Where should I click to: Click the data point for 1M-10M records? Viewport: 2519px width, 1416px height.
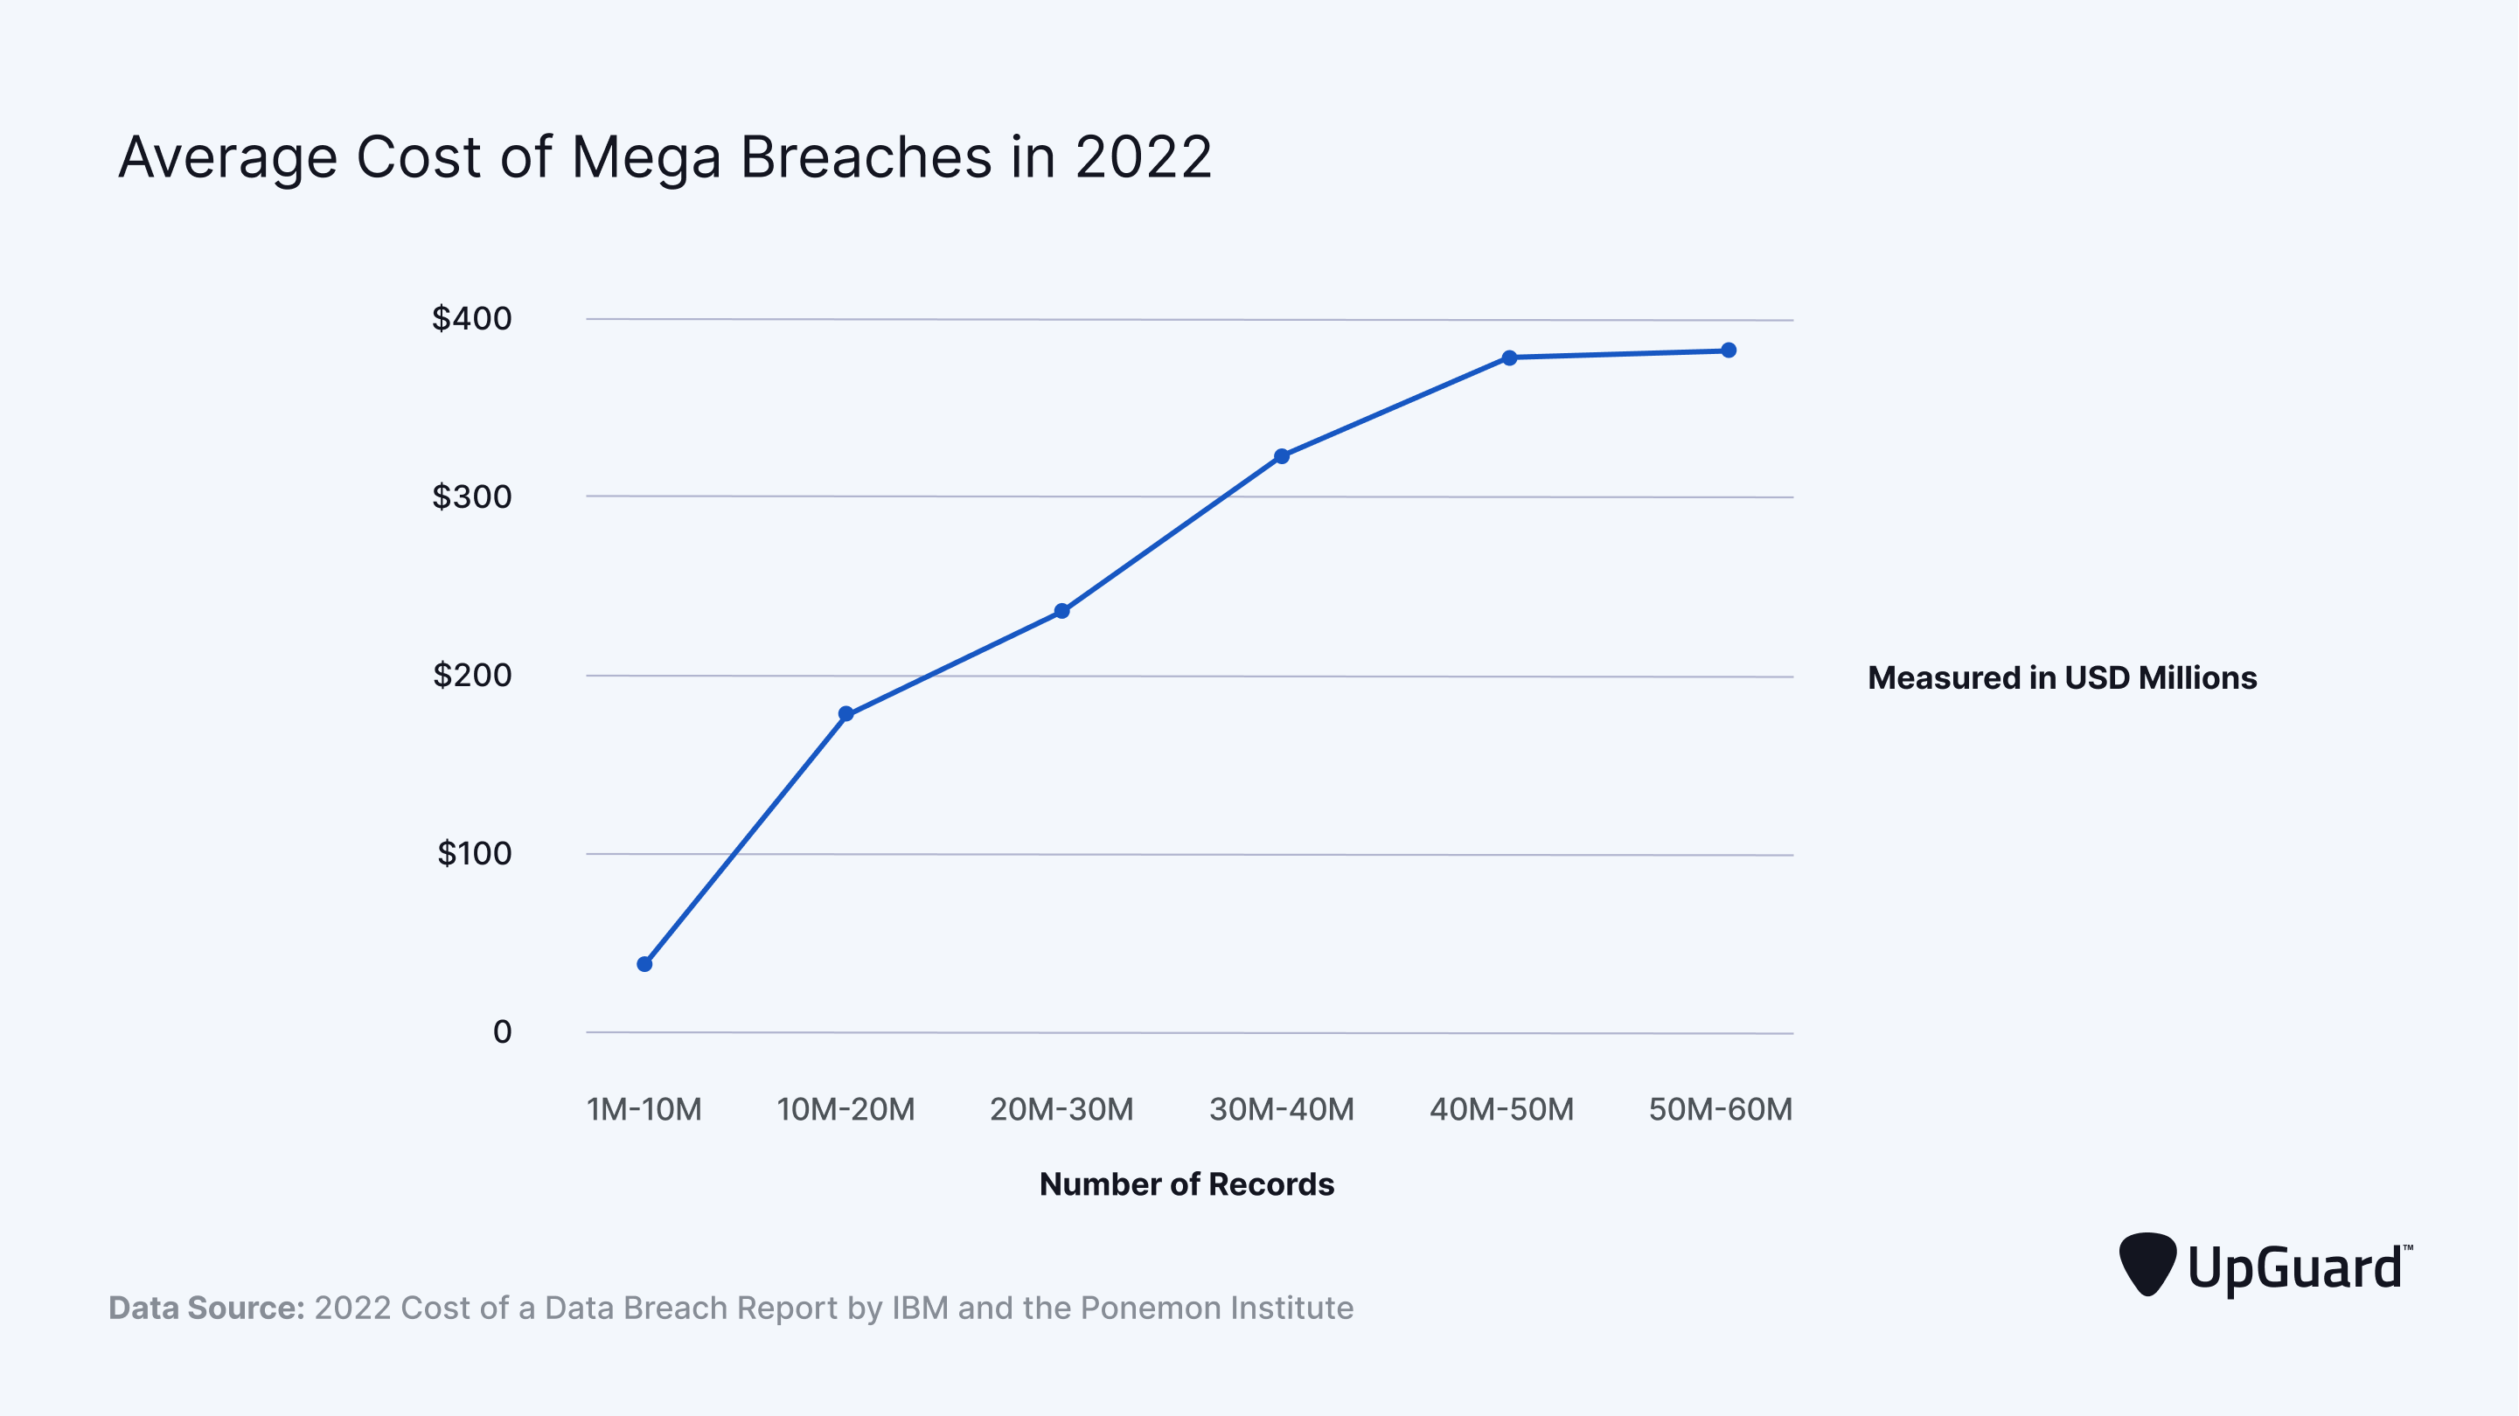(x=644, y=964)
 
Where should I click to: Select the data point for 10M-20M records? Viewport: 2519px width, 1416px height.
(x=845, y=714)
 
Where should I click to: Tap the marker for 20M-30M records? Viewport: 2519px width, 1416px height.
(x=1062, y=611)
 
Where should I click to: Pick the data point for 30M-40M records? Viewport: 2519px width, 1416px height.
(x=1282, y=455)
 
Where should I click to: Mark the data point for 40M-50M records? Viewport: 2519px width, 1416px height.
(x=1510, y=357)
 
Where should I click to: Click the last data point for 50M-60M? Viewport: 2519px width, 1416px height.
(x=1729, y=351)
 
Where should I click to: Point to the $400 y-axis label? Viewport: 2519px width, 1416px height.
(x=471, y=318)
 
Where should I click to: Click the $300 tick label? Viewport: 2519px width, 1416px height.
(x=471, y=496)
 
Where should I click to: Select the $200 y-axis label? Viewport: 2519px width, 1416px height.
(x=471, y=675)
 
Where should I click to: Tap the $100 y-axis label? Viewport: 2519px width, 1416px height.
(x=473, y=853)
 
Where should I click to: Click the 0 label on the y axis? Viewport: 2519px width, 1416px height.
(x=502, y=1031)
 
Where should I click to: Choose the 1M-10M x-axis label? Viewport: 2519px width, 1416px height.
(x=644, y=1109)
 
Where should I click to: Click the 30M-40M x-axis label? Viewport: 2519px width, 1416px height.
(x=1281, y=1109)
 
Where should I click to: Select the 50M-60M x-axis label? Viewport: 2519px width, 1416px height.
(x=1720, y=1109)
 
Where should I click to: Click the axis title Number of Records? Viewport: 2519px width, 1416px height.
(x=1186, y=1183)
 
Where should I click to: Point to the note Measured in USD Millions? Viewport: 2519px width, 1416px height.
(x=2062, y=677)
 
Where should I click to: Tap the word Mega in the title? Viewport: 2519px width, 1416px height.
(x=645, y=158)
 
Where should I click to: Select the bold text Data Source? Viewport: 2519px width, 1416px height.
(x=206, y=1308)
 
